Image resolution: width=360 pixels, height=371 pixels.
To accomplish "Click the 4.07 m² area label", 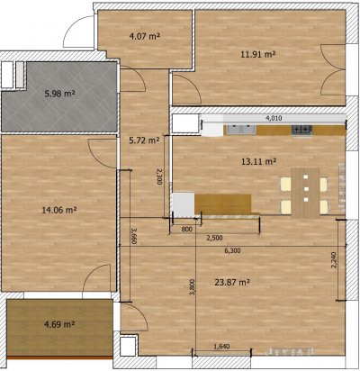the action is (144, 37).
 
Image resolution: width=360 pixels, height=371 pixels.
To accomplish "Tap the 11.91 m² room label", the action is (258, 54).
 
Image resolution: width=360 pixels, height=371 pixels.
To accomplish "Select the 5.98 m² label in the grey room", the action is (59, 94).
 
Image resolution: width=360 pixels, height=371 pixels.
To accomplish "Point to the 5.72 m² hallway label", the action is (144, 140).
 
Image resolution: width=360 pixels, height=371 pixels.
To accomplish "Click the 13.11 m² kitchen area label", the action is (258, 162).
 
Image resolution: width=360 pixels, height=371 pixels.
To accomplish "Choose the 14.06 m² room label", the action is (59, 210).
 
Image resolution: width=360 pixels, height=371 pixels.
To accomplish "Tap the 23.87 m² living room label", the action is (232, 282).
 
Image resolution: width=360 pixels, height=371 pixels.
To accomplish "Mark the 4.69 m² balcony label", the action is (59, 324).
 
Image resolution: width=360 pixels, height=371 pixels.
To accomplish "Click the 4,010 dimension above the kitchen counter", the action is (274, 118).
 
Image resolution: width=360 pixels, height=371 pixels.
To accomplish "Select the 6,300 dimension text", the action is (232, 250).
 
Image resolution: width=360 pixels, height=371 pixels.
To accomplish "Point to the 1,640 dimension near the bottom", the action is (221, 347).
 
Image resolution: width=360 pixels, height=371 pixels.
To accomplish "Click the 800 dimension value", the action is (186, 230).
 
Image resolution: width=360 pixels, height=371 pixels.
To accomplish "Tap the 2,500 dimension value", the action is (215, 238).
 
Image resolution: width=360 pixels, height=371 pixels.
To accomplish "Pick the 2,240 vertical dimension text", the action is (335, 260).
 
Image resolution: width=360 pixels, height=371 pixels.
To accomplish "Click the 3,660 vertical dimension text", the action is (134, 235).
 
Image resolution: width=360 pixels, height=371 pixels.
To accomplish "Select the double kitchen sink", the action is (241, 129).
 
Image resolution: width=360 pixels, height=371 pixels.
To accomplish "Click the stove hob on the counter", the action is (301, 130).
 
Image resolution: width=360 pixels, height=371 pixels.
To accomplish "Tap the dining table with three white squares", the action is (306, 193).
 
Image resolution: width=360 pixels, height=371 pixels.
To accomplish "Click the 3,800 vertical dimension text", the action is (192, 287).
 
